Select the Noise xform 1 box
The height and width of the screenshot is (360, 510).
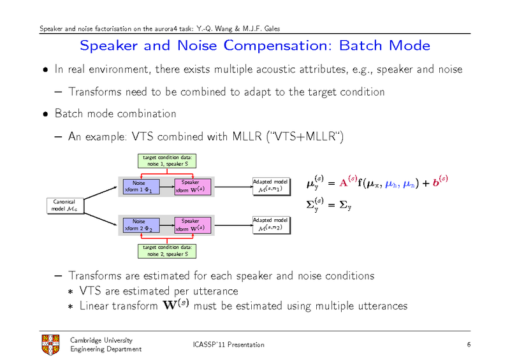coord(139,187)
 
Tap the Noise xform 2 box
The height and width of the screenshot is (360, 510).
coord(139,225)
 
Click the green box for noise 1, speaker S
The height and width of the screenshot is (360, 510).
coord(165,161)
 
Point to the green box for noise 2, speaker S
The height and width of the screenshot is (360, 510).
coord(165,250)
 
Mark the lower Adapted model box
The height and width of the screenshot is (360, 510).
coord(271,224)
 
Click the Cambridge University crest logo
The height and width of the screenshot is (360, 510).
coord(50,345)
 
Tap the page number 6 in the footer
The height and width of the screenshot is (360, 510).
coord(469,345)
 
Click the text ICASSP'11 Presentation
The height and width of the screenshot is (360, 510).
coord(228,345)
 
